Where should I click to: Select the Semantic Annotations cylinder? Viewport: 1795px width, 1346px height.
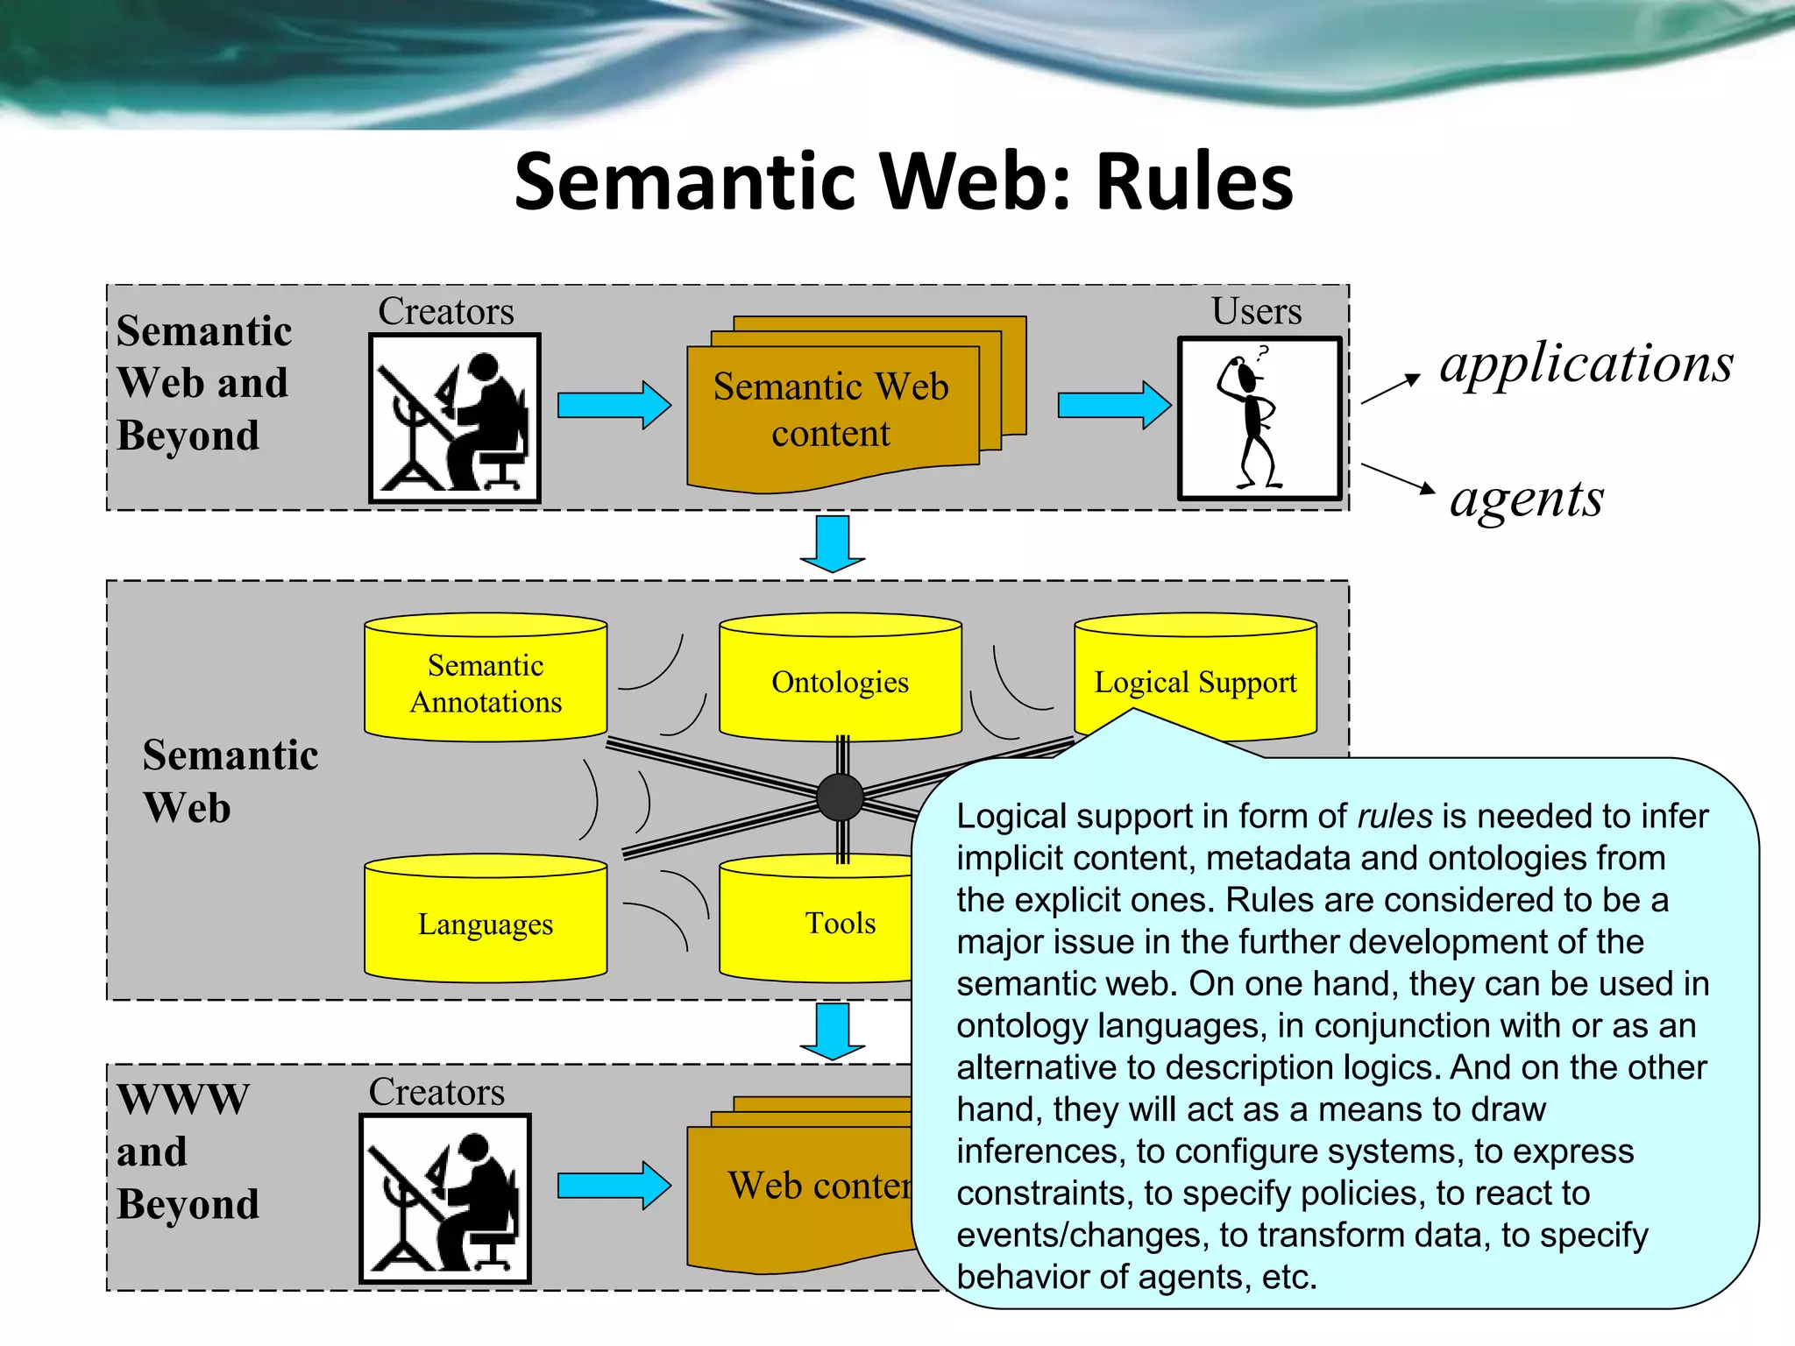(486, 684)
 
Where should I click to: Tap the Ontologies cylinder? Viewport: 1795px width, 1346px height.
(840, 682)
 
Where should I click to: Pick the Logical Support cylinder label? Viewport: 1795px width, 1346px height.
(1195, 682)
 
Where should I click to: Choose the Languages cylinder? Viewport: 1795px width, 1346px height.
(486, 923)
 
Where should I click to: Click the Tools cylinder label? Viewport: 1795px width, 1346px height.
(840, 923)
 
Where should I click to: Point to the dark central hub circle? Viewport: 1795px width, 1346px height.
(840, 797)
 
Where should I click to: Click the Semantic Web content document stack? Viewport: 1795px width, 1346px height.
(831, 410)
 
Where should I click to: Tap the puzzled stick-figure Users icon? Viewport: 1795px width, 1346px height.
(1259, 419)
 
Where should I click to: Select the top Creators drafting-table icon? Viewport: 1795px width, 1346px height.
(454, 419)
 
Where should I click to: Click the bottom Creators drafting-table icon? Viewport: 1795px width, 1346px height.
(445, 1198)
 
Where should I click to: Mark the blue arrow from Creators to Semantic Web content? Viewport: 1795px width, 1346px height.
(614, 405)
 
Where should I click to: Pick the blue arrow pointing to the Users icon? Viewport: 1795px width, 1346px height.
(1113, 405)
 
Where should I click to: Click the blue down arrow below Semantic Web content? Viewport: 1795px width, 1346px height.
(832, 543)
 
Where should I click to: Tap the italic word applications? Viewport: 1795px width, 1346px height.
(1586, 363)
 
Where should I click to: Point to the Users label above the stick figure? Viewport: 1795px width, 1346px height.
(1256, 312)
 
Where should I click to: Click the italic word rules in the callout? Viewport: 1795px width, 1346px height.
(1394, 816)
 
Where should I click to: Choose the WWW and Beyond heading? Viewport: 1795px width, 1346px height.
(188, 1151)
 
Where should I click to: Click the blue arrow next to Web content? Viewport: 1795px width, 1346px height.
(614, 1186)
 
